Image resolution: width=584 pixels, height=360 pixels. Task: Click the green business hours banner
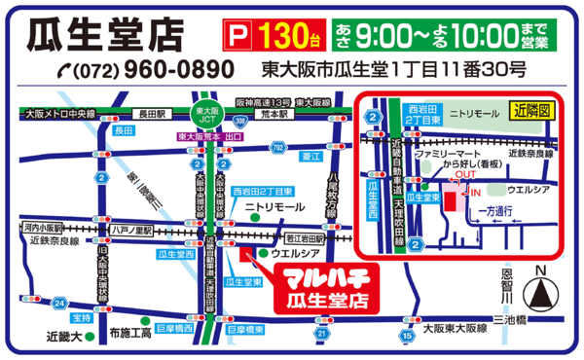pos(444,36)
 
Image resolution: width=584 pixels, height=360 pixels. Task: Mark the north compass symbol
pos(540,290)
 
